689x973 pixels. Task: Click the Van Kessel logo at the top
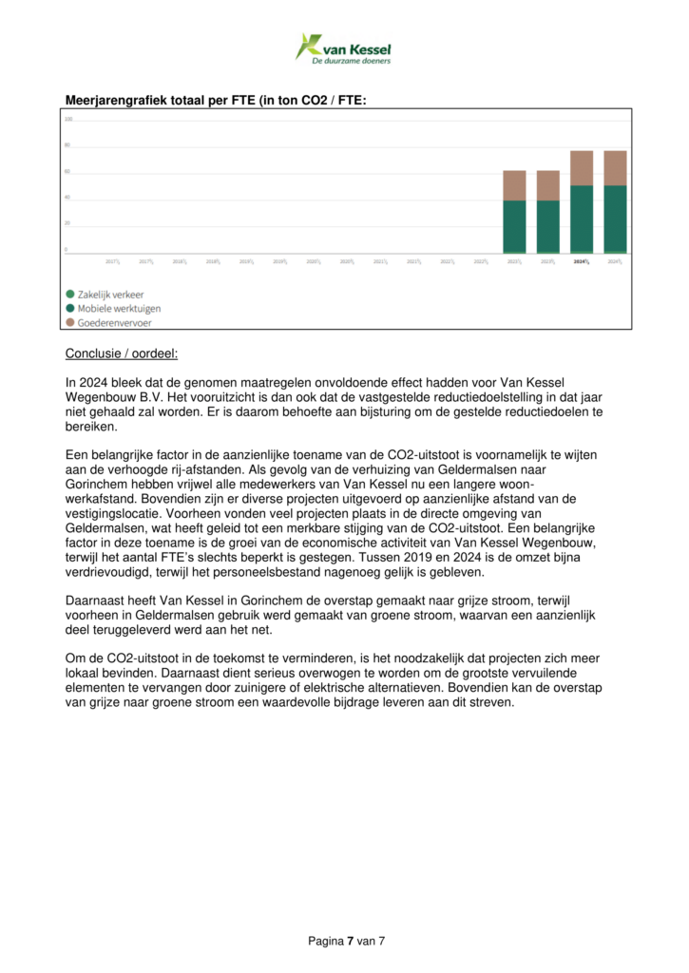343,48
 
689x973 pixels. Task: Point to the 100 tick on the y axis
68,120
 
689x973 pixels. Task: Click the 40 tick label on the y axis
68,198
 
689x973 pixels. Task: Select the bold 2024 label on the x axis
582,260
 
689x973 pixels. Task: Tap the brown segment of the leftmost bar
514,185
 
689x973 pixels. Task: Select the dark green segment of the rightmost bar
615,218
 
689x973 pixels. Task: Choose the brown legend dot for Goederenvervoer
70,323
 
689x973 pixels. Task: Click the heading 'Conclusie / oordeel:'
121,354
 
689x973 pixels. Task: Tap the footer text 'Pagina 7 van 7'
346,941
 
